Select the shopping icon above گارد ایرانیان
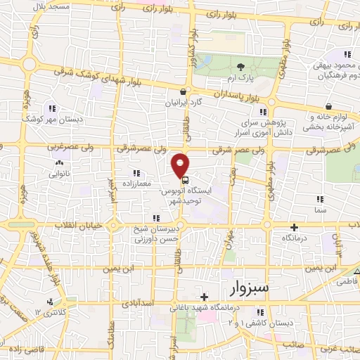pyautogui.click(x=183, y=91)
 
